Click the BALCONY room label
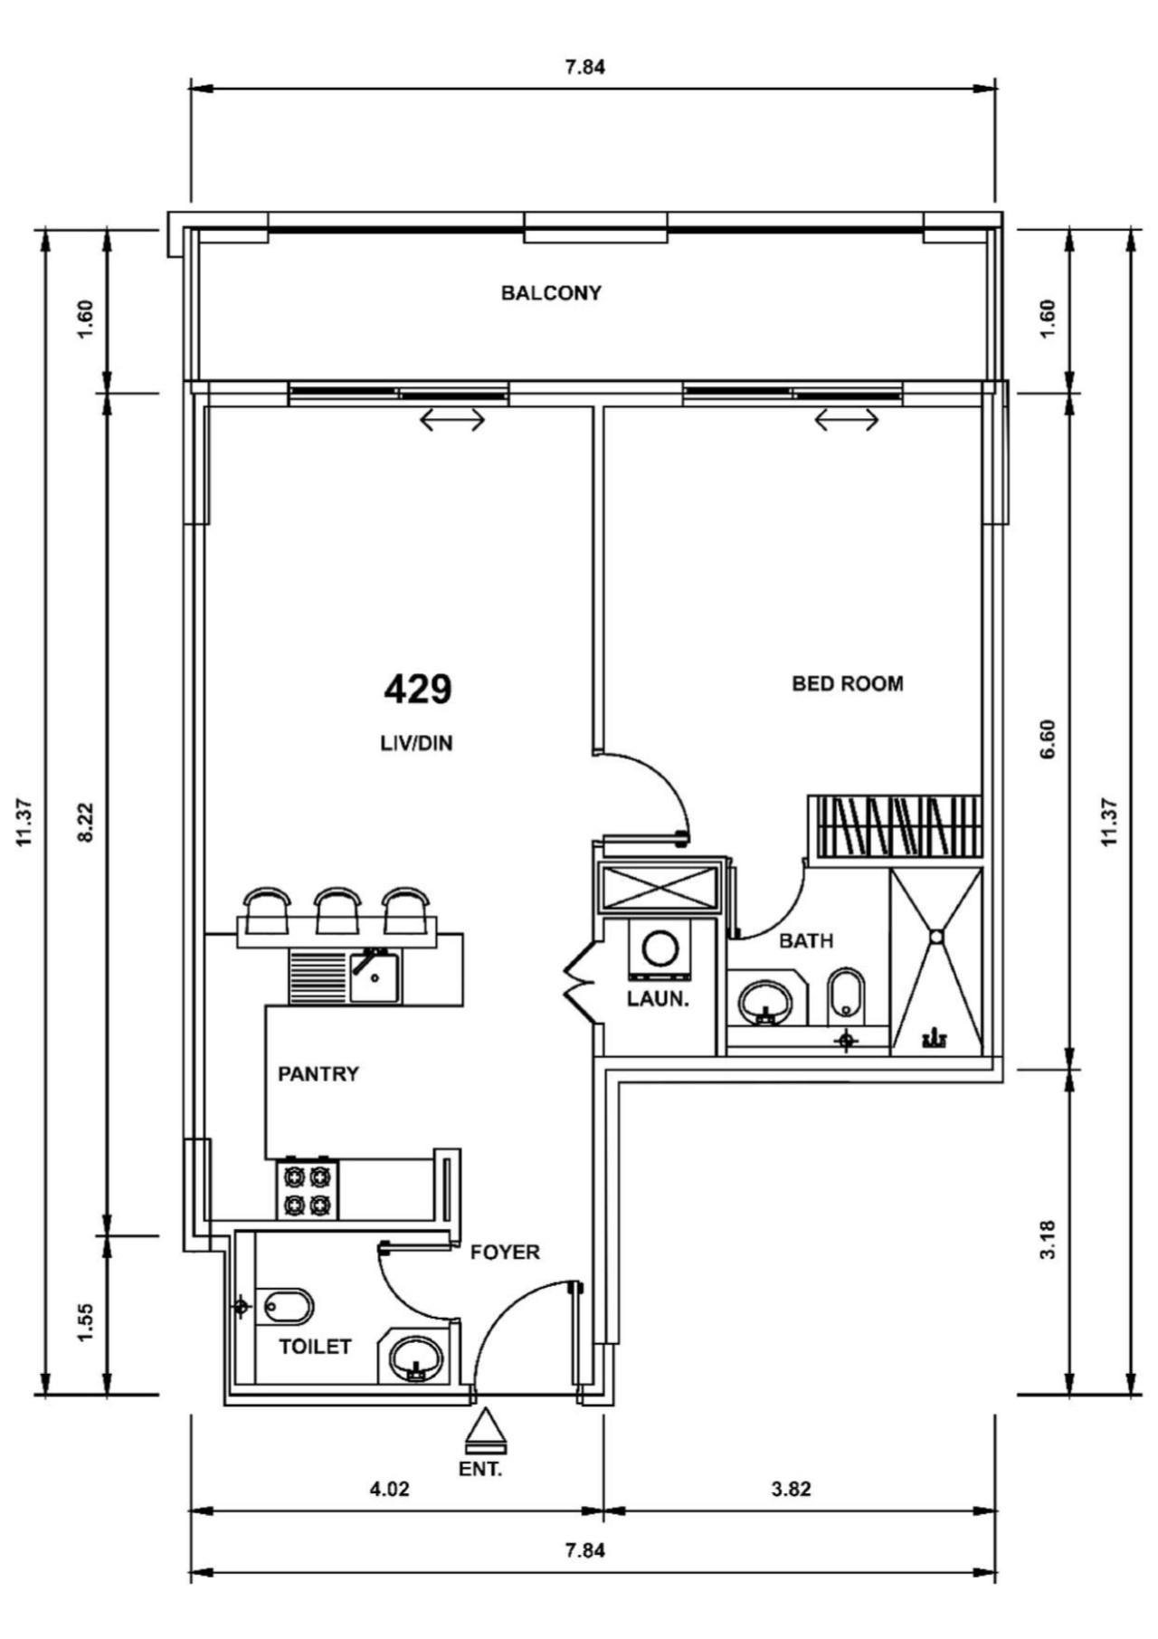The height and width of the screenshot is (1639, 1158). [551, 293]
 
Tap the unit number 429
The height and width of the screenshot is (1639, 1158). [418, 690]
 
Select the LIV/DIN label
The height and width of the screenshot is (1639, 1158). [416, 744]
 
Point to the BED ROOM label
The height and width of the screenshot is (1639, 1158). [848, 683]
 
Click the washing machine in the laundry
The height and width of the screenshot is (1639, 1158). [660, 950]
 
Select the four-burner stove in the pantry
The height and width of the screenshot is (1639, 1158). [308, 1189]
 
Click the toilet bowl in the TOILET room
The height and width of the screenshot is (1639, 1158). [289, 1307]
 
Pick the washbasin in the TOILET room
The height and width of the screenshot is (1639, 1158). [415, 1358]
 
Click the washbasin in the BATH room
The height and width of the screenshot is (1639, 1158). [765, 1002]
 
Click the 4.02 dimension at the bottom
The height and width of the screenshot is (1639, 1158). [390, 1489]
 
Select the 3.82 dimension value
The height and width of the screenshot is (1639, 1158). [791, 1489]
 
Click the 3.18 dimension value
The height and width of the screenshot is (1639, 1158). [1048, 1240]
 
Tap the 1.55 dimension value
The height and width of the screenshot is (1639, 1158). [86, 1323]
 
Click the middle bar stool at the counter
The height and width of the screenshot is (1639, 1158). [337, 910]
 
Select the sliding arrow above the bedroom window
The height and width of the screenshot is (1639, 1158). [847, 420]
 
